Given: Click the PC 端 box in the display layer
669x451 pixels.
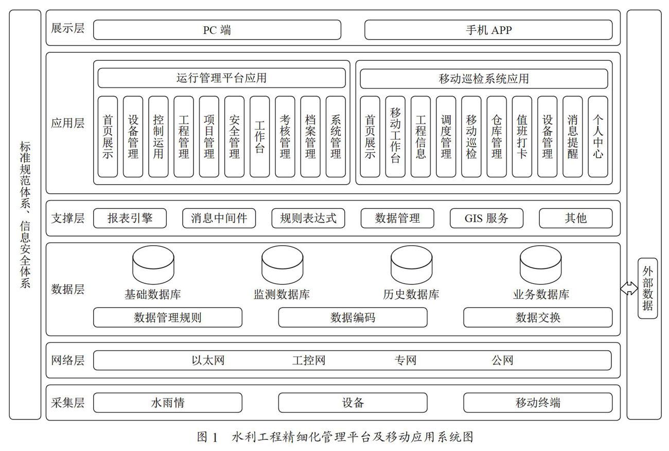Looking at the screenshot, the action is [x=217, y=30].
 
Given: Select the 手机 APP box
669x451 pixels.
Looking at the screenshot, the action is [x=488, y=30].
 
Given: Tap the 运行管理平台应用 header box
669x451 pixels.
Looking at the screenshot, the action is [x=222, y=78].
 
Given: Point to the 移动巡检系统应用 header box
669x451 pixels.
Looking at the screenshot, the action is [x=484, y=79].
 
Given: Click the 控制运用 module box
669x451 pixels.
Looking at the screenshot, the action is [x=159, y=137].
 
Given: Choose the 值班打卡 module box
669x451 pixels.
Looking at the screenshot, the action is [x=522, y=137].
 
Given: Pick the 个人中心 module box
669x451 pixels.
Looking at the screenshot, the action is [x=598, y=137].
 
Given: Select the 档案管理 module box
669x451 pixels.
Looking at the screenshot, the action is [x=310, y=137].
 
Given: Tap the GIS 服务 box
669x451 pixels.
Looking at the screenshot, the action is [x=486, y=218].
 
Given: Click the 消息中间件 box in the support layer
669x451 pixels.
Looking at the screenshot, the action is [x=219, y=218].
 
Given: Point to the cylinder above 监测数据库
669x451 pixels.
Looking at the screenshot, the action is [x=282, y=265].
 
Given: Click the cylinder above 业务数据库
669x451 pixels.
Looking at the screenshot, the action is [x=540, y=265].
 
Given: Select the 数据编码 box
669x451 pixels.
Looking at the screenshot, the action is [x=353, y=318].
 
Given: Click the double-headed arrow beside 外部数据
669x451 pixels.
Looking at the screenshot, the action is [x=629, y=288].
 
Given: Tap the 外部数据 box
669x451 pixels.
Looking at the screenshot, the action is [x=647, y=288].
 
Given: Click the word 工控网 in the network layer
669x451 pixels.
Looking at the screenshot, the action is [x=309, y=360].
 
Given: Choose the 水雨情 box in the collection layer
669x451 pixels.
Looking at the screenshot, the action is [x=168, y=403].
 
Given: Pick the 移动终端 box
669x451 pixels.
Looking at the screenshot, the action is [x=538, y=403].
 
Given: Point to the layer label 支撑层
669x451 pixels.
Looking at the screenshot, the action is [x=68, y=218].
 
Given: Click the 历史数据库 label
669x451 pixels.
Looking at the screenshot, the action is [x=411, y=295].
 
